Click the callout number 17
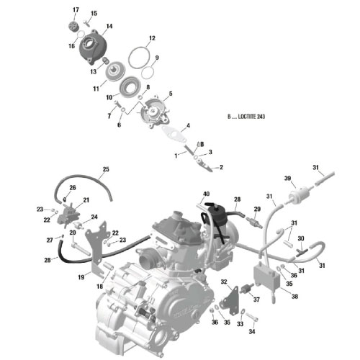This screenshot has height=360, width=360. (76, 9)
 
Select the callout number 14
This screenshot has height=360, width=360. (109, 27)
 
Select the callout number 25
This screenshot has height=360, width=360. (105, 170)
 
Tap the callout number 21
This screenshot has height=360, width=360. (86, 199)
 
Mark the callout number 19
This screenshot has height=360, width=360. (81, 276)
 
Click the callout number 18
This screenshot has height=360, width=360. (99, 287)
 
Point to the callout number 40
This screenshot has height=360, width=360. (206, 194)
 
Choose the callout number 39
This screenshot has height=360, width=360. (287, 179)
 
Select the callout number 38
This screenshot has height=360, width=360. (276, 296)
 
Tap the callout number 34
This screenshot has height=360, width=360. (251, 333)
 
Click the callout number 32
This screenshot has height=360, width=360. (224, 282)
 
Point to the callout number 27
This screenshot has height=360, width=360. (50, 240)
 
